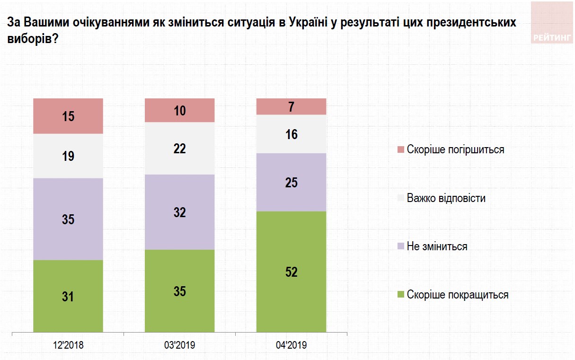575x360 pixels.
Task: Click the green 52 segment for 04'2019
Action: (x=291, y=272)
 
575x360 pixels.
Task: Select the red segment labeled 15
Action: (x=68, y=116)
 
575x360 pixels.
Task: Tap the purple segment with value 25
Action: (x=291, y=182)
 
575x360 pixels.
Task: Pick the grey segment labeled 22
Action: (x=179, y=149)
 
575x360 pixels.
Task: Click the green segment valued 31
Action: (x=68, y=296)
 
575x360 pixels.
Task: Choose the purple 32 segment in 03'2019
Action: (x=179, y=212)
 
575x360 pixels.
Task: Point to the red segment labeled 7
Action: (x=291, y=106)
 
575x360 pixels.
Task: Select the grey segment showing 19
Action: (x=68, y=156)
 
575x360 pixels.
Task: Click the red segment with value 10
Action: (x=179, y=111)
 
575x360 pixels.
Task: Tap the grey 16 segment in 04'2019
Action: (x=291, y=134)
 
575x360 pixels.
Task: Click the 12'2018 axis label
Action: (x=68, y=345)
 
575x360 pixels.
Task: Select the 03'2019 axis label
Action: (x=179, y=345)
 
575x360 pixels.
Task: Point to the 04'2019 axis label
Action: (x=291, y=345)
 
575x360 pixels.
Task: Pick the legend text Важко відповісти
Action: (x=446, y=198)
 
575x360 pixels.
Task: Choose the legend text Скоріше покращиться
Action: (x=457, y=295)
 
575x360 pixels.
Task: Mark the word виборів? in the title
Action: (x=33, y=40)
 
